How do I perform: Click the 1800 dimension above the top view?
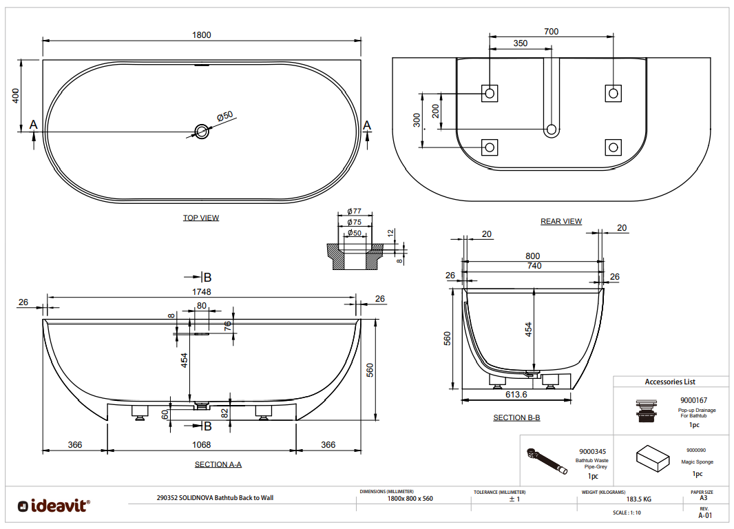click(x=201, y=34)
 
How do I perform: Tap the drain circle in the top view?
click(x=202, y=131)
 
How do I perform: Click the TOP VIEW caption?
click(x=201, y=218)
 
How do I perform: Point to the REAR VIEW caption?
click(x=561, y=221)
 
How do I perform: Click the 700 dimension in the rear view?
click(x=551, y=31)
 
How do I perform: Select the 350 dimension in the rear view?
click(x=521, y=43)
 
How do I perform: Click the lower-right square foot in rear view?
click(x=613, y=147)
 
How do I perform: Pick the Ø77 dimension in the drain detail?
click(x=355, y=211)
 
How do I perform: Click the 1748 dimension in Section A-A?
click(x=201, y=292)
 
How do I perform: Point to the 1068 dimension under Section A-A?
click(x=201, y=445)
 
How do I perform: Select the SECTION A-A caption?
click(x=218, y=464)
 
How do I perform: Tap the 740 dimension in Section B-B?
click(x=534, y=266)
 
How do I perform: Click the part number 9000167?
click(x=694, y=400)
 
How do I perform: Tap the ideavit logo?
click(x=54, y=506)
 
